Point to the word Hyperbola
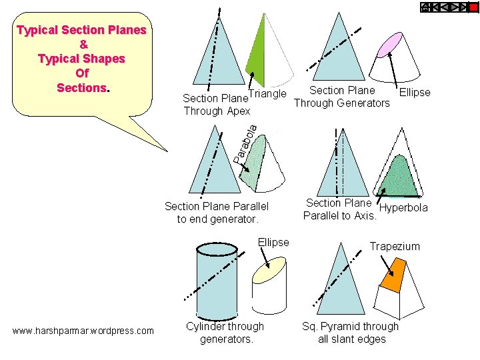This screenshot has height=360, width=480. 403,208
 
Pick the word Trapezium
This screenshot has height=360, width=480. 395,246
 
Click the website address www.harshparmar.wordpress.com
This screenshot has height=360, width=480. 83,331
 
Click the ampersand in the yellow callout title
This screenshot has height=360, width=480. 83,45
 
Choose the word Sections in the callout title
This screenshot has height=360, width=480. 81,87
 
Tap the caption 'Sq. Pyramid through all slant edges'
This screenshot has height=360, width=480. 350,333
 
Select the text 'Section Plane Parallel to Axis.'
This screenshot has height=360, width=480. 339,209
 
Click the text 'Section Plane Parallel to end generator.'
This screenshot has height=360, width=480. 217,213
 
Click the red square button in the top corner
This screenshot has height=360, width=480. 473,7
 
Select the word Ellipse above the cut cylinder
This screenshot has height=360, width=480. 273,242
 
